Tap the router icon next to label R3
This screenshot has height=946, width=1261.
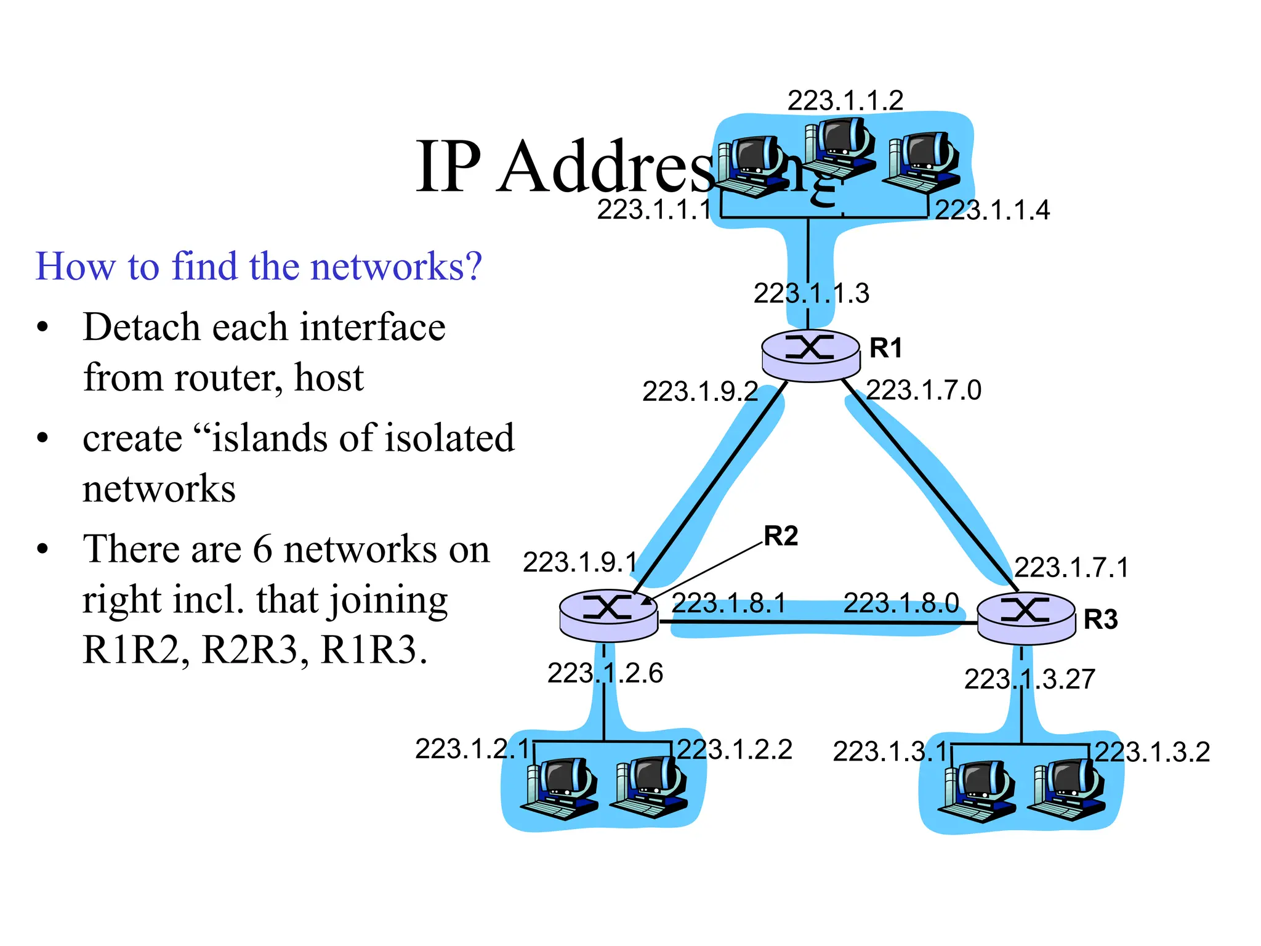pyautogui.click(x=1026, y=618)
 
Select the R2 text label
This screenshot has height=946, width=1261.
pyautogui.click(x=780, y=536)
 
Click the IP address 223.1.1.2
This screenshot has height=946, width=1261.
pyautogui.click(x=845, y=100)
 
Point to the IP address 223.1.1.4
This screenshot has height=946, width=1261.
pyautogui.click(x=992, y=211)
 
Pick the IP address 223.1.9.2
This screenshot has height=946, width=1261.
pyautogui.click(x=699, y=391)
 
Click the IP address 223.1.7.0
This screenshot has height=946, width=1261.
pyautogui.click(x=923, y=390)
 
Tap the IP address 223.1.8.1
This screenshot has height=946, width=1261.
pyautogui.click(x=728, y=603)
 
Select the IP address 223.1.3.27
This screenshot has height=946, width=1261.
pyautogui.click(x=1029, y=679)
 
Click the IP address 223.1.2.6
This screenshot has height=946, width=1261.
pyautogui.click(x=605, y=673)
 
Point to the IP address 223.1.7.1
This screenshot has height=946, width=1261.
pyautogui.click(x=1071, y=567)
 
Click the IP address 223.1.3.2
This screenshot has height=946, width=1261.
pyautogui.click(x=1151, y=752)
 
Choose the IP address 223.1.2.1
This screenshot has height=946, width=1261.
pyautogui.click(x=472, y=750)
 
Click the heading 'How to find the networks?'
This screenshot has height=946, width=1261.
pyautogui.click(x=259, y=266)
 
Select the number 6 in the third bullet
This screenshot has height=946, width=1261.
pyautogui.click(x=262, y=549)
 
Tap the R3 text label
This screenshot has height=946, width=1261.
pyautogui.click(x=1100, y=620)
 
